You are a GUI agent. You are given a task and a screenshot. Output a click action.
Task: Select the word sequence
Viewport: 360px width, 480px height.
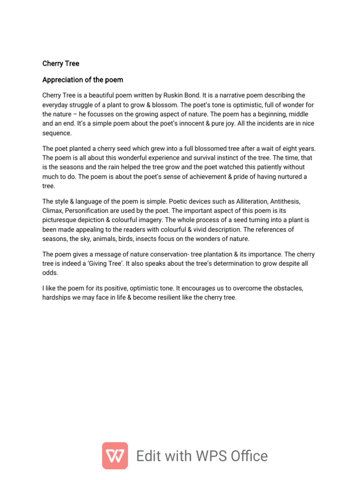(x=57, y=133)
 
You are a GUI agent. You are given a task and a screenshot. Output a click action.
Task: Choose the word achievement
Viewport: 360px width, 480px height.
(x=220, y=176)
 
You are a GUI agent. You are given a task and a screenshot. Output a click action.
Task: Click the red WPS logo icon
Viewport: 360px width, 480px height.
(x=115, y=456)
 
